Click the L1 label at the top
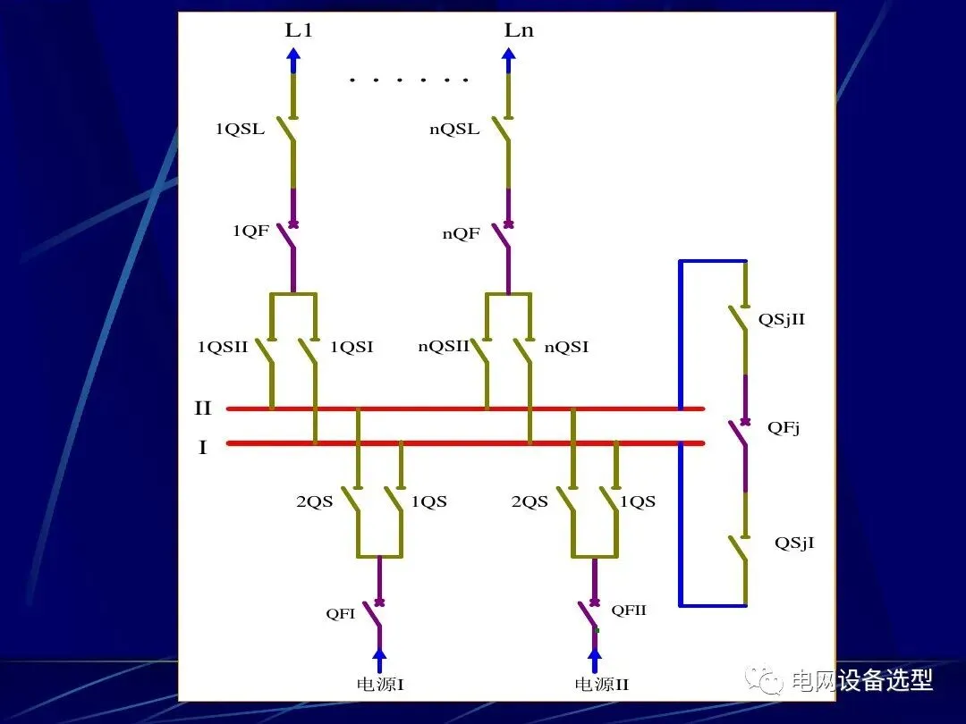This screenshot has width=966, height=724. pos(299,30)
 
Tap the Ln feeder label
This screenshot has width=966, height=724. pos(519,30)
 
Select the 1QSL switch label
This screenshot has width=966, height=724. pos(240,129)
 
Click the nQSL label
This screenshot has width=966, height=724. pos(454,129)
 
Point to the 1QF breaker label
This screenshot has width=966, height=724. pos(250,232)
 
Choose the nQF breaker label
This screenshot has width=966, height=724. pos(462,234)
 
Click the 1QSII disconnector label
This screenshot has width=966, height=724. pos(223,347)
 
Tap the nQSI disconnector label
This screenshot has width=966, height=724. pos(566,347)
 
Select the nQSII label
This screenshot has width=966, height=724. pos(444,347)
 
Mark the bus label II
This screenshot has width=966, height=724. pos(203,408)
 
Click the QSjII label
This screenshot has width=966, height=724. pos(781,319)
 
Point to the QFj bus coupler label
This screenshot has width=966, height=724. pos(784,428)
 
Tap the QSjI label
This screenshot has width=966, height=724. pos(794,543)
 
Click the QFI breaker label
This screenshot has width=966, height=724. pos(341,614)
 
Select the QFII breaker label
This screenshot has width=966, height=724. pos(628,610)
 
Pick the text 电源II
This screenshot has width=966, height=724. pos(601,685)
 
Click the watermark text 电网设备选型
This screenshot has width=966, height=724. pos(861,680)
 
